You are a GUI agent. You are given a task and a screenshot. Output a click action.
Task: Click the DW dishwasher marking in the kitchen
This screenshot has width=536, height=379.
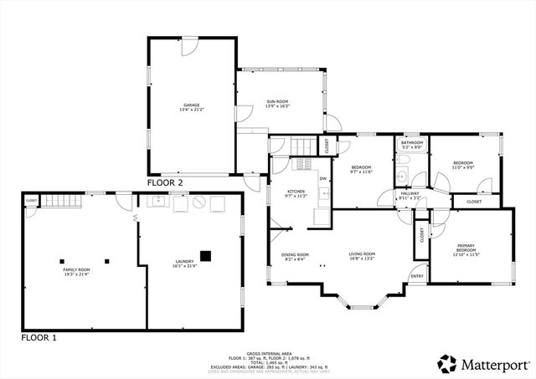pyautogui.click(x=322, y=178)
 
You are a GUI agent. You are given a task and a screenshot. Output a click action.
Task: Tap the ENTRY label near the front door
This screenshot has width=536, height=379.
pyautogui.click(x=417, y=276)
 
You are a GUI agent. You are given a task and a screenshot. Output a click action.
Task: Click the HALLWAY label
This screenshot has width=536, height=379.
pyautogui.click(x=410, y=196)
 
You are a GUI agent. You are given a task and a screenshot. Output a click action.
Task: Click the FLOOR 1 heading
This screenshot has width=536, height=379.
pyautogui.click(x=39, y=338)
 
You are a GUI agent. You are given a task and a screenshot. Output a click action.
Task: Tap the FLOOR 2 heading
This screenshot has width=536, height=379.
pyautogui.click(x=165, y=182)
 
